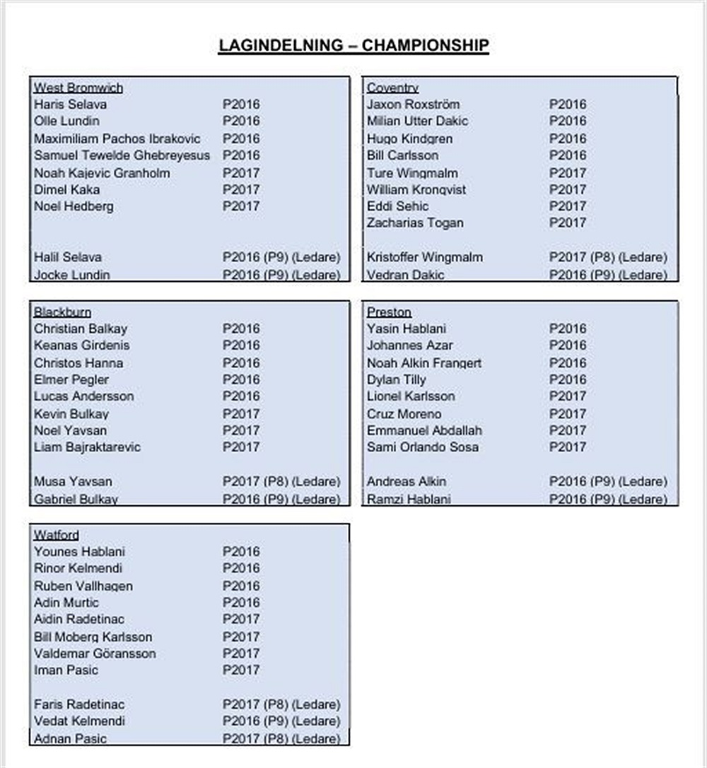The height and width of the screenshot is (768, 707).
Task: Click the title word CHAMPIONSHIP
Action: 425,45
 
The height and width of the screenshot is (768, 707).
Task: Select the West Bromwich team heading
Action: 78,88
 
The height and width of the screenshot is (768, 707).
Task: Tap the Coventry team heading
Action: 392,88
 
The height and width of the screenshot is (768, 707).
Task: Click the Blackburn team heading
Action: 62,312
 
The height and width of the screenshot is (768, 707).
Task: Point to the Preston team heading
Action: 389,312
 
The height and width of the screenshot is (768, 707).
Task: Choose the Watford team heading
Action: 57,535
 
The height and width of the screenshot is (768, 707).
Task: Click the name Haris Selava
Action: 71,105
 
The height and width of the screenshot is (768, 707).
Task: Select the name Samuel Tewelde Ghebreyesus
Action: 122,155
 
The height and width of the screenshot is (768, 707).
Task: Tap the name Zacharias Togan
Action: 415,223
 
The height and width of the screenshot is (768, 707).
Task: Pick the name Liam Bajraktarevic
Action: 87,447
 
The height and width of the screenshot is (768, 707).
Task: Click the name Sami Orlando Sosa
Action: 422,447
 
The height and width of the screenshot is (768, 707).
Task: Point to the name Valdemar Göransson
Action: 95,654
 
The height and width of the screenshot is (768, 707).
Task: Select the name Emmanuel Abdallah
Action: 424,430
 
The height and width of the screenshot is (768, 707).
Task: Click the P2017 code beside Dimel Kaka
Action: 241,189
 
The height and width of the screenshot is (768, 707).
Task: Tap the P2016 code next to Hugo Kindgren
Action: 568,138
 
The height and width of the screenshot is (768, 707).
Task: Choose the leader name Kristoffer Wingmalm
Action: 424,257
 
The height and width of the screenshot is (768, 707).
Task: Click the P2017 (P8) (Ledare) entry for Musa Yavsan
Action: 281,482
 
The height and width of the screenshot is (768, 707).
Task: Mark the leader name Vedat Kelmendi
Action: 79,721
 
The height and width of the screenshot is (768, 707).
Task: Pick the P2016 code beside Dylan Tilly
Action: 568,379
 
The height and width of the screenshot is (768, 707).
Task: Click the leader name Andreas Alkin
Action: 406,482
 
